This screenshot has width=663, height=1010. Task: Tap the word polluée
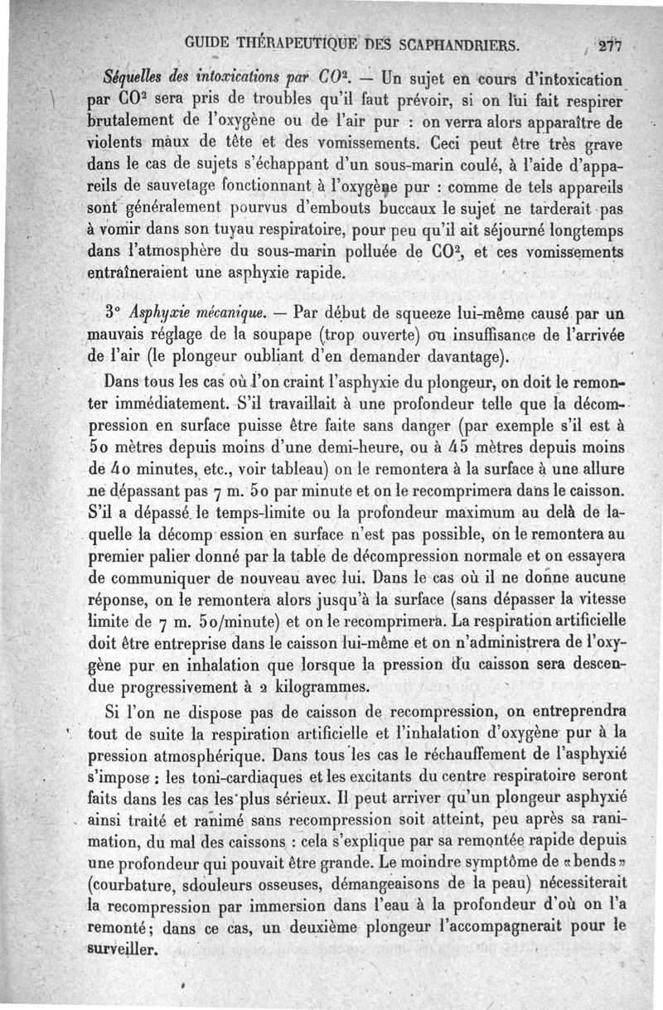coord(370,249)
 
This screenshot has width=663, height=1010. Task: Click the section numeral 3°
coord(115,314)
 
